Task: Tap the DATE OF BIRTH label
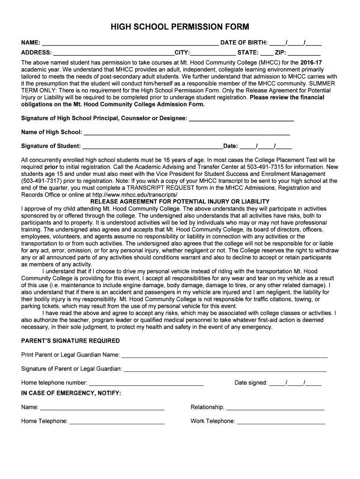click(x=244, y=43)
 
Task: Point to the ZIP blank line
click(x=304, y=53)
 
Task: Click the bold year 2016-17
click(x=311, y=62)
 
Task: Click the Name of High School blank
click(x=187, y=133)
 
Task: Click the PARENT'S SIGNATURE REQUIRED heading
click(x=71, y=341)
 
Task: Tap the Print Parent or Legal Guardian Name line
click(x=224, y=356)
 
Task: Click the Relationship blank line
click(x=275, y=408)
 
